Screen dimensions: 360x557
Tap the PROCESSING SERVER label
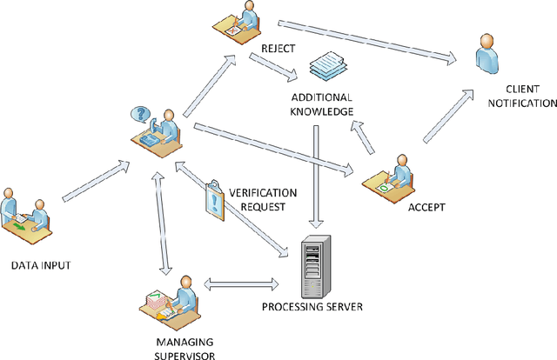[x=313, y=307]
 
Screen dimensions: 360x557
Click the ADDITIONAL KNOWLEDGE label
[x=322, y=104]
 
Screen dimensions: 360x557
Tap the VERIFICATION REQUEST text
[x=261, y=201]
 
